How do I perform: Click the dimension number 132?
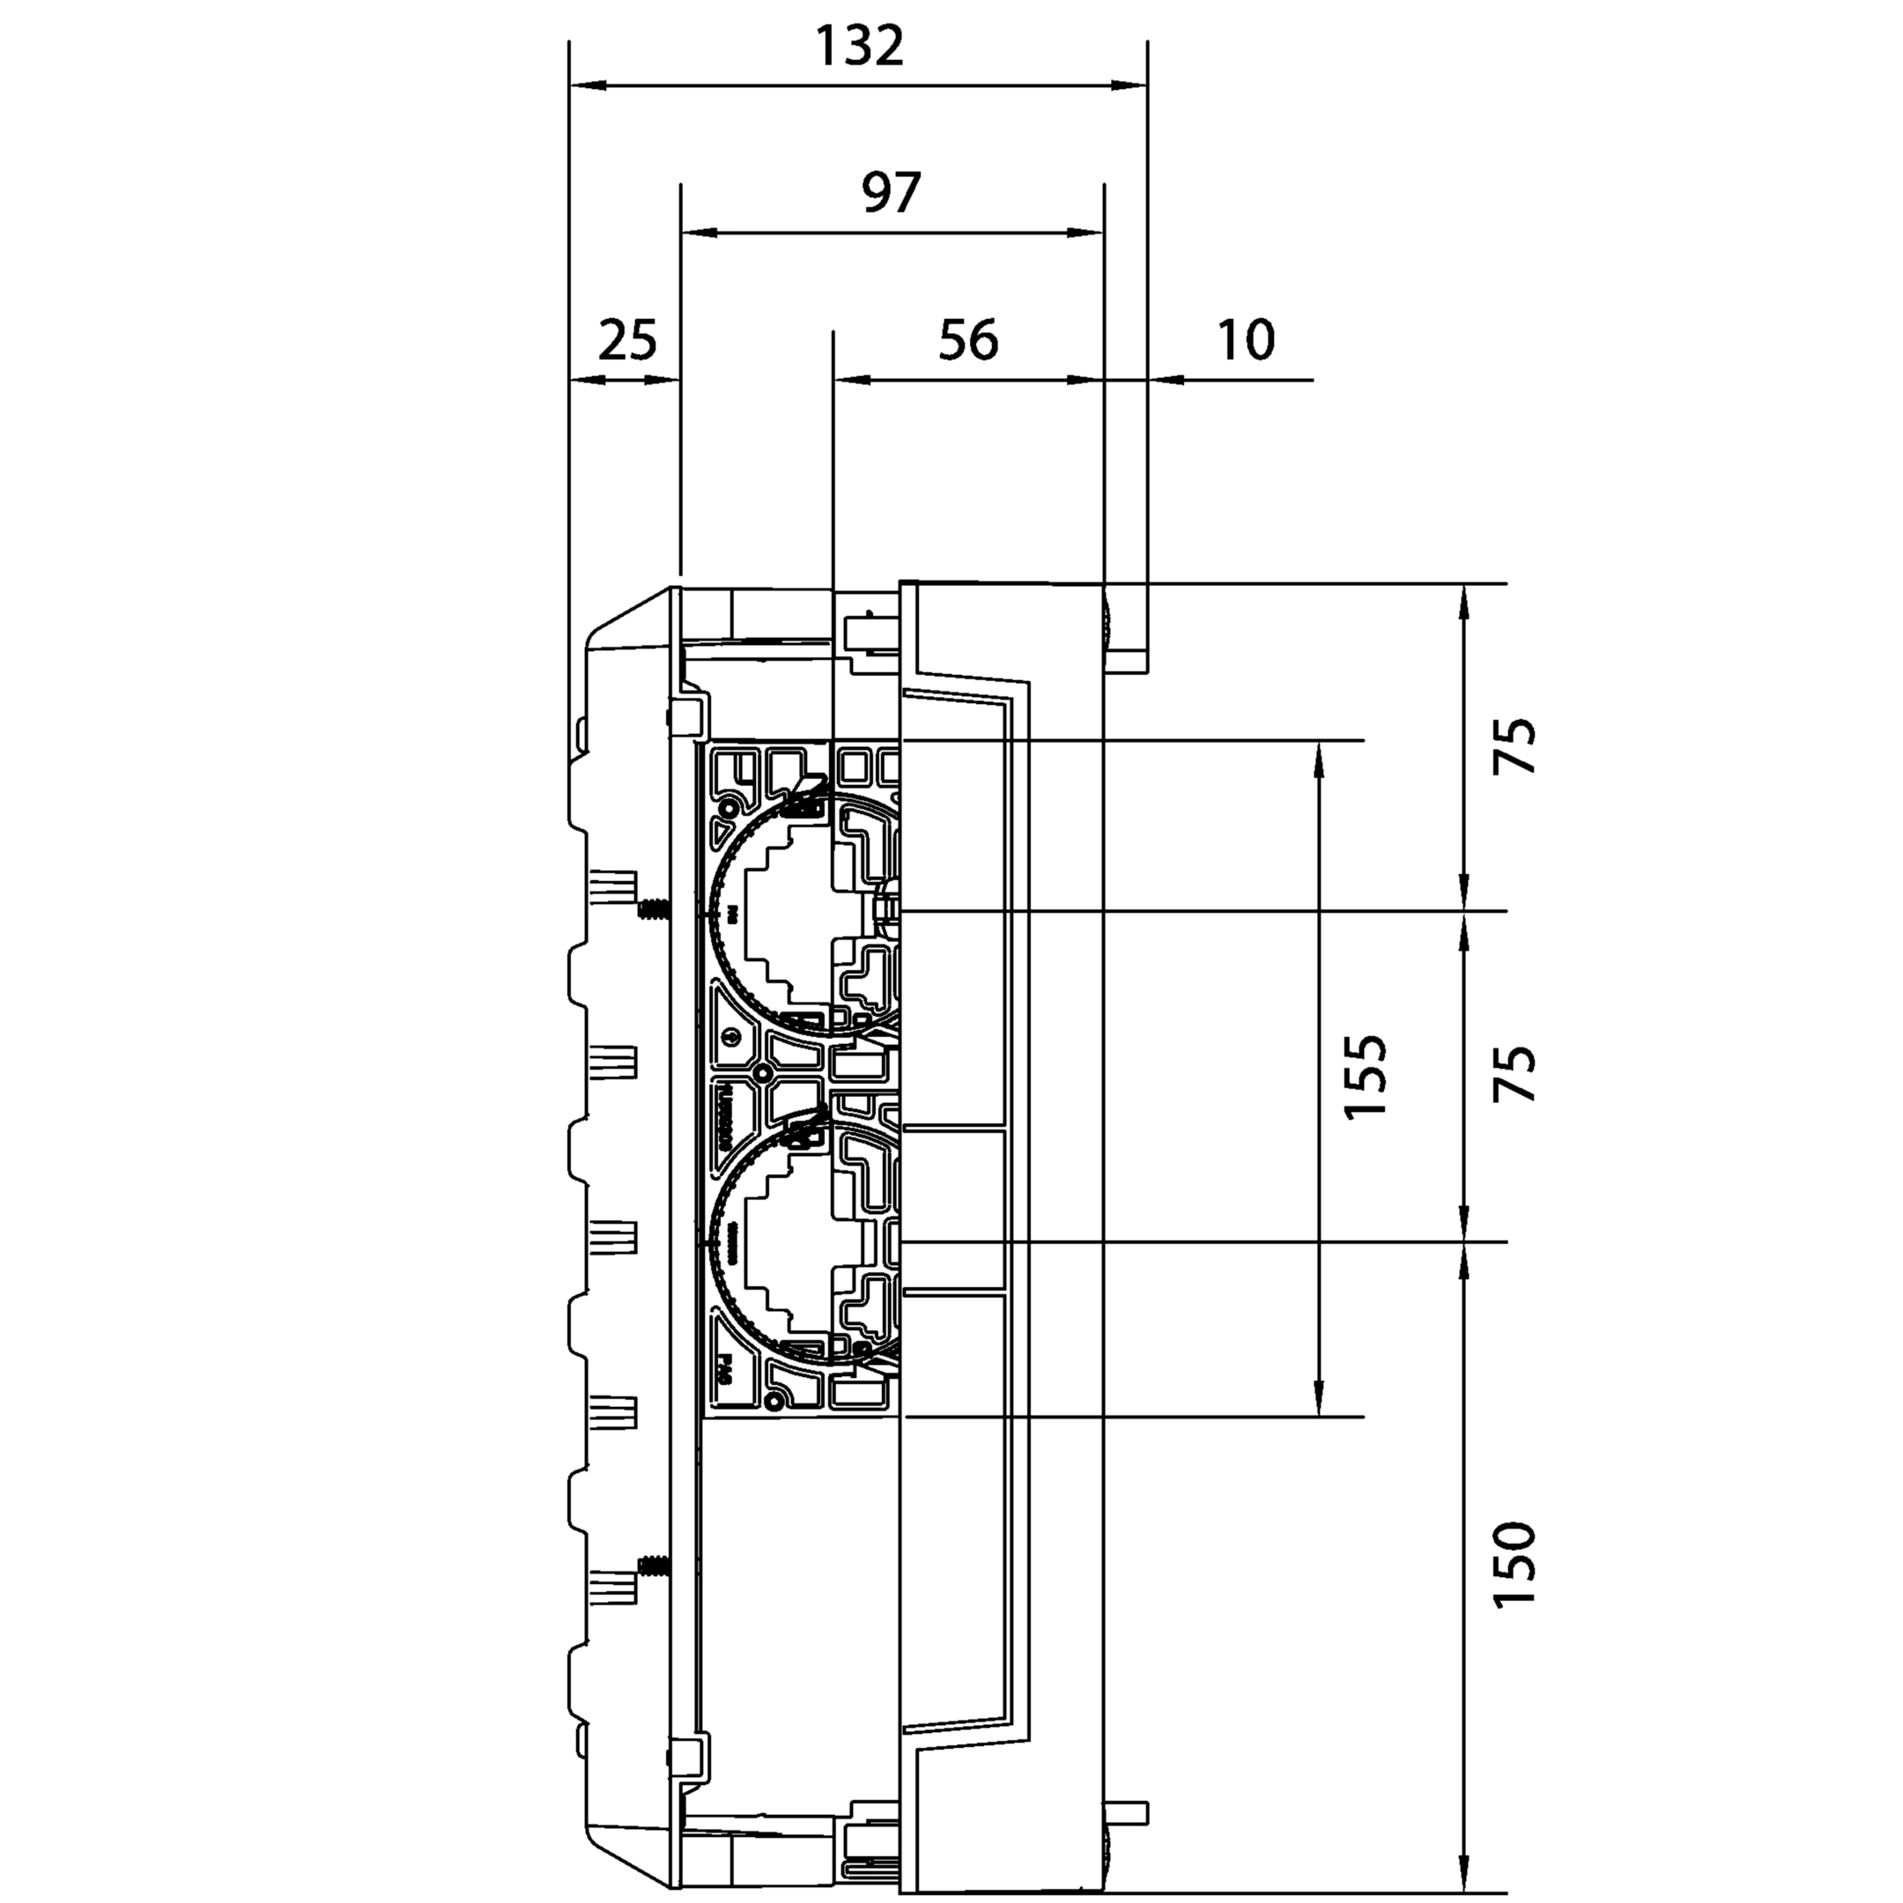(860, 47)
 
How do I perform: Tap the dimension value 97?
(891, 193)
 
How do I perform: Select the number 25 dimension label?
(627, 341)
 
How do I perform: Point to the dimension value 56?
(968, 341)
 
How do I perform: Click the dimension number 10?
(1246, 341)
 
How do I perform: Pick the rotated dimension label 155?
(1366, 1076)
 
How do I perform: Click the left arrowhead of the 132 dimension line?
(586, 86)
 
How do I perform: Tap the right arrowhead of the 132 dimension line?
(1130, 86)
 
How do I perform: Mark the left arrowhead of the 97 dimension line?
(698, 233)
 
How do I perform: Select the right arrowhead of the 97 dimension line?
(1086, 233)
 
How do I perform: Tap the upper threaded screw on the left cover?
(653, 907)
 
